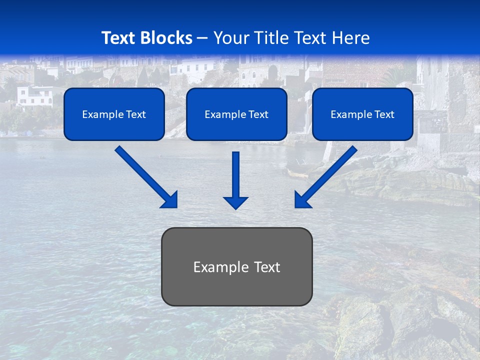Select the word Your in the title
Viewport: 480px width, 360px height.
[x=230, y=38]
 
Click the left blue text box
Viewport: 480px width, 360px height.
[x=114, y=114]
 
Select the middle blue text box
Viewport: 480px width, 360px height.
[x=236, y=114]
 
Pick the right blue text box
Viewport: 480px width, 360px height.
[x=362, y=114]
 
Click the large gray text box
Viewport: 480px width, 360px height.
[x=236, y=266]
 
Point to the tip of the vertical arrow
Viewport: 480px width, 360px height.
[x=235, y=207]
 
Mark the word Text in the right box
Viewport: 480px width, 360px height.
[x=384, y=114]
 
